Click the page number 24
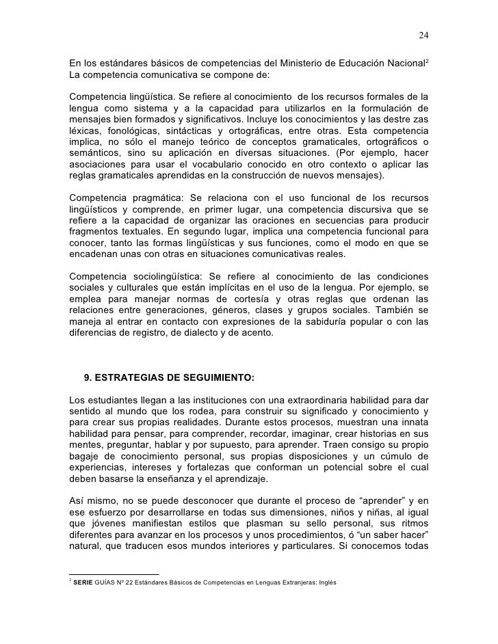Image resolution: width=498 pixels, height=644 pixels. (423, 36)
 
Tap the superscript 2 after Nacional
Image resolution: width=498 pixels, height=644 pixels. (428, 62)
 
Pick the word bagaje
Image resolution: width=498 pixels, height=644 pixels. (86, 456)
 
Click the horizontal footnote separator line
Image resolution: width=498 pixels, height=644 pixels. (114, 574)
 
